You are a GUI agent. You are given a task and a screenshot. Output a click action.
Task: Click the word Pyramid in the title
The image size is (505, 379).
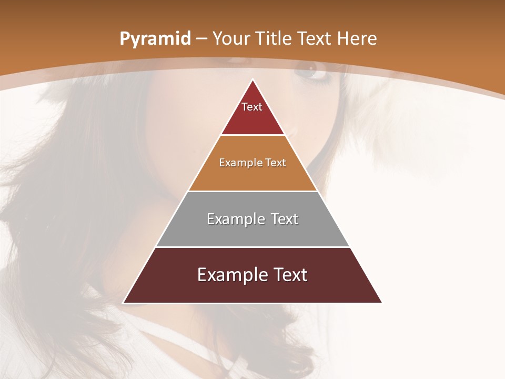[155, 39]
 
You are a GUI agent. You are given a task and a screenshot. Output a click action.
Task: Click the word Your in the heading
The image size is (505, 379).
[231, 38]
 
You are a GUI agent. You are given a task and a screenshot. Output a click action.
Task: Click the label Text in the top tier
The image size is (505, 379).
[252, 107]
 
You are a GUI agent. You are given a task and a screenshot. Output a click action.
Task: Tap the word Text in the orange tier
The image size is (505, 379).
[276, 163]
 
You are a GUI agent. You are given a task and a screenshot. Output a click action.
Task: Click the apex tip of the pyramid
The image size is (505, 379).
[252, 80]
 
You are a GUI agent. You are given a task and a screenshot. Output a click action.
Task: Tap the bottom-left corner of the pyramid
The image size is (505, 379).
[124, 302]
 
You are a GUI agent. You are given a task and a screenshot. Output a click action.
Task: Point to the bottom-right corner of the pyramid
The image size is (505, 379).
[381, 302]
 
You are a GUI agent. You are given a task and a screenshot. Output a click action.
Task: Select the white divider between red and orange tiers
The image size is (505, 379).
[252, 135]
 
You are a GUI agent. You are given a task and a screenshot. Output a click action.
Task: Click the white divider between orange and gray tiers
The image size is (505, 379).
[252, 191]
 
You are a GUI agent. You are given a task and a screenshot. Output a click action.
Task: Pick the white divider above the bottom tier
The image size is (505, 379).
[252, 247]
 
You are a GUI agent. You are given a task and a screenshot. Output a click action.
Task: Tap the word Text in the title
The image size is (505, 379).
[315, 38]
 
